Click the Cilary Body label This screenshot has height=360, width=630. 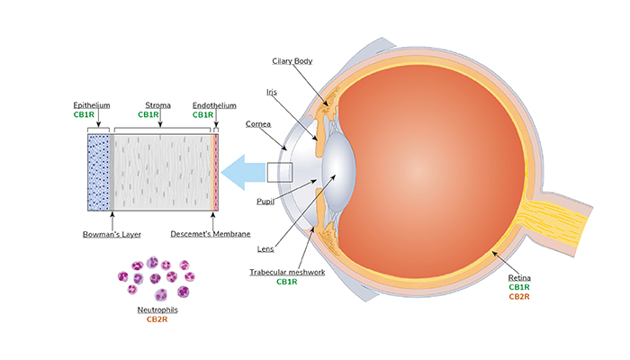pos(292,61)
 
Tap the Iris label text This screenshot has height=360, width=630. pos(272,92)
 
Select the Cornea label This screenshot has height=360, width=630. pos(258,124)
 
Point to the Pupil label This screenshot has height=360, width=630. pos(265,202)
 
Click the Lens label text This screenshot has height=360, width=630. pos(265,249)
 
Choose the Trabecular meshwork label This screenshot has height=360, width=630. pos(287,273)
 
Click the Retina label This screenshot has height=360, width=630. pos(519,277)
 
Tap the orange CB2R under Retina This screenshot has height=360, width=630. pos(519,297)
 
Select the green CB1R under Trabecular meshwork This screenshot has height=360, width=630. pos(287,282)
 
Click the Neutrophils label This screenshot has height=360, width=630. pos(157,310)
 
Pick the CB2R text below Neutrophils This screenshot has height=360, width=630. pos(157,319)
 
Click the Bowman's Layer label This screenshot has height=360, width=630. pos(112,234)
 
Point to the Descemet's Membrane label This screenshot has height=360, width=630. pos(210,234)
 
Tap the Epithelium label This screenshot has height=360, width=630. pos(92,105)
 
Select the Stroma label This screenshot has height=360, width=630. pos(157,105)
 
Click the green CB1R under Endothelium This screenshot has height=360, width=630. pos(202,115)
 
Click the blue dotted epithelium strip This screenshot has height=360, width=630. pos(98,173)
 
